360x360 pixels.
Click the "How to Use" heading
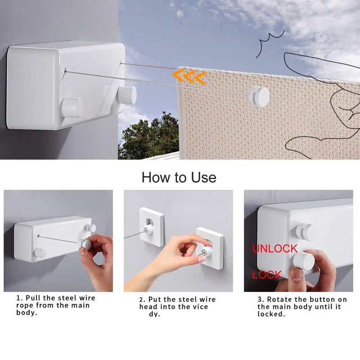(179, 177)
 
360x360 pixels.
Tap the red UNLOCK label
(274, 248)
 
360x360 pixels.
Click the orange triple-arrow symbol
(189, 77)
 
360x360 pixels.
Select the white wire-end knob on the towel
(260, 95)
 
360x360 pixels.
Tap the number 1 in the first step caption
(19, 298)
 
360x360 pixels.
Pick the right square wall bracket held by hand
(210, 247)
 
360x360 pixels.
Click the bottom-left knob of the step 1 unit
(40, 253)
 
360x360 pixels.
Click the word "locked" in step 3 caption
(271, 314)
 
